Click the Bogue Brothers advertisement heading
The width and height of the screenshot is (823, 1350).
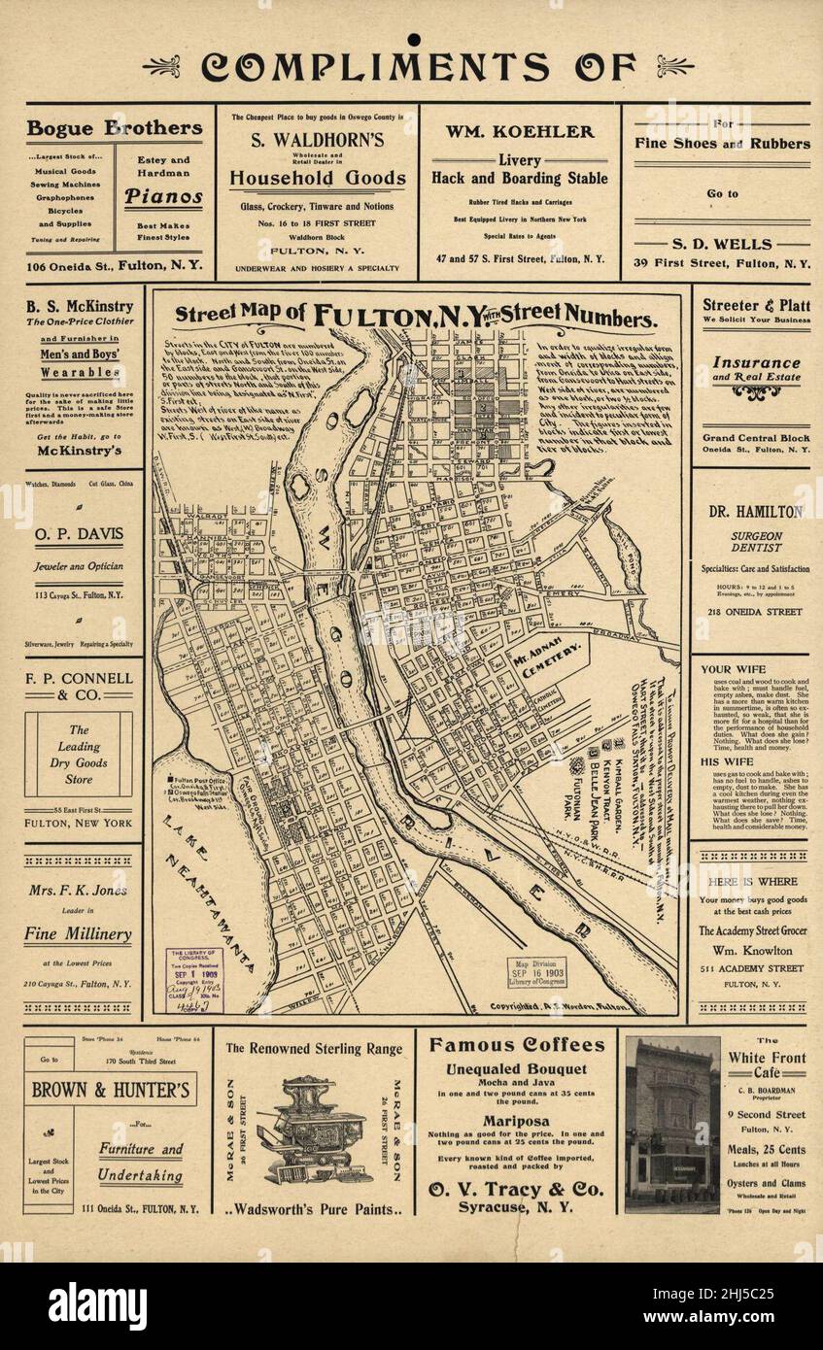coord(115,128)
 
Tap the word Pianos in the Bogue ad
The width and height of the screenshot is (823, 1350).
coord(163,196)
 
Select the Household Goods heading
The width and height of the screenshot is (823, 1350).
coord(318,178)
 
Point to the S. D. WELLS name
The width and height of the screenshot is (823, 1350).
coord(722,244)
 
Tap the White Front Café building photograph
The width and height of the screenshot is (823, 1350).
coord(671,1124)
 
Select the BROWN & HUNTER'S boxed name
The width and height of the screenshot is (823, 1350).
coord(114,1090)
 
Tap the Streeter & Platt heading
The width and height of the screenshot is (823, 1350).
coord(756,305)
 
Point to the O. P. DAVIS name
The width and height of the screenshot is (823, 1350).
coord(79,538)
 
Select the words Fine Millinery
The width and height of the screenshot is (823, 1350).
coord(78,934)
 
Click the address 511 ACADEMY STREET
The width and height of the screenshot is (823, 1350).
coord(755,968)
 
